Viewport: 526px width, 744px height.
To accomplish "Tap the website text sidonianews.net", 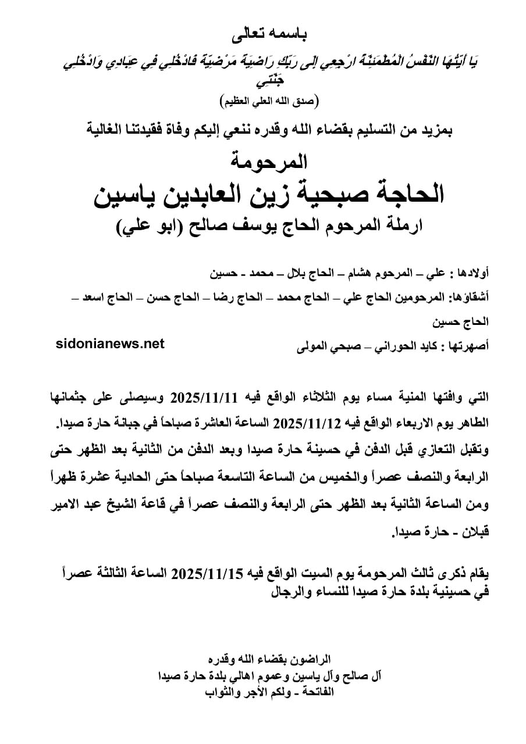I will pyautogui.click(x=111, y=344).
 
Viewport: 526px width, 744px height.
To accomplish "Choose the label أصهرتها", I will pyautogui.click(x=469, y=347).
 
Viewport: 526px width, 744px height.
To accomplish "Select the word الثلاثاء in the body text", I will pyautogui.click(x=328, y=398).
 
